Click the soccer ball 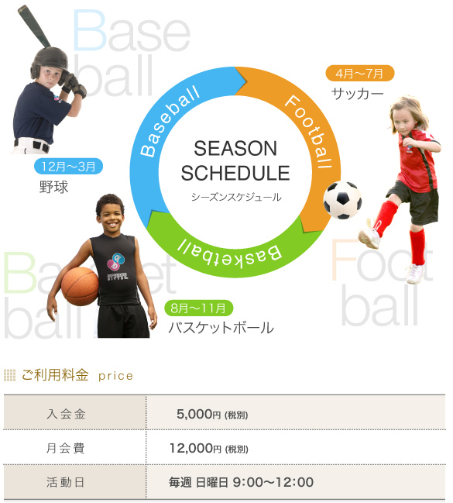(342, 200)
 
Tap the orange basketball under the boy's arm (81, 286)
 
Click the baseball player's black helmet (50, 61)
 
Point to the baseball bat (34, 26)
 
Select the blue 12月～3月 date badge (69, 166)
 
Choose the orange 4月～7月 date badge (360, 73)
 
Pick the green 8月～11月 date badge (198, 308)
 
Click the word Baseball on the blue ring (170, 121)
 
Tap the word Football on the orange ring (308, 132)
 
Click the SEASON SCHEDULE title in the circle (235, 161)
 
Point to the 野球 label (54, 187)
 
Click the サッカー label (357, 94)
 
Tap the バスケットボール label (221, 328)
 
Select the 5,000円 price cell (212, 414)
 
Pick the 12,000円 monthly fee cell (209, 448)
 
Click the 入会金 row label (66, 414)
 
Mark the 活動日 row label (65, 482)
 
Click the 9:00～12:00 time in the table (273, 482)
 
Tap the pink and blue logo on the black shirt (115, 261)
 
